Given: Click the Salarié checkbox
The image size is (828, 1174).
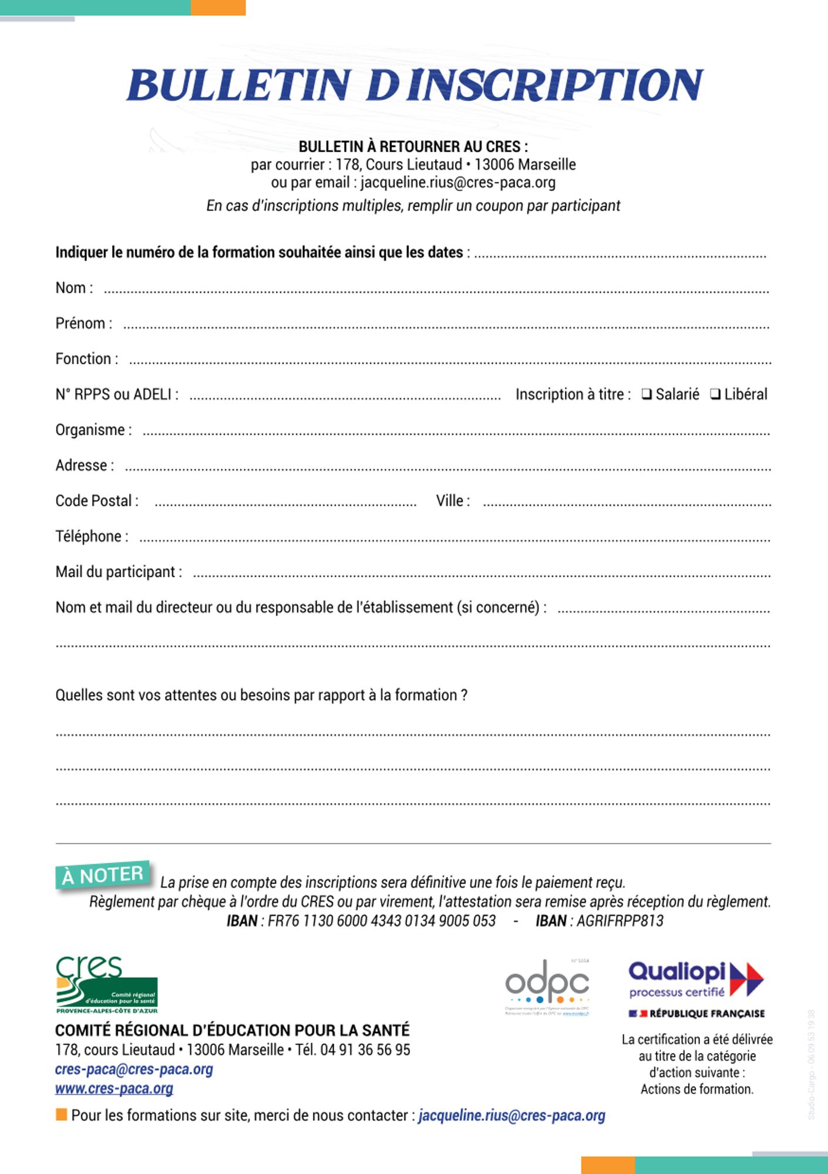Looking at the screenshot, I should point(647,394).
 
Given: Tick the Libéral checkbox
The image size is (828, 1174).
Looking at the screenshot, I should point(715,394).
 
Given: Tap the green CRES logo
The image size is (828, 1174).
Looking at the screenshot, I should point(106,985).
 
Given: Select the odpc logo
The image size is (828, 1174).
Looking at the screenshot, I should point(547,986).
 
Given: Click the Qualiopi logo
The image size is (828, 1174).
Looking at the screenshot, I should point(696,980).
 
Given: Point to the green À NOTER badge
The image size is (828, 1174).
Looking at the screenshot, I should point(103,875).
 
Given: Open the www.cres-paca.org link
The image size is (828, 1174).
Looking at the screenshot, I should point(114,1089).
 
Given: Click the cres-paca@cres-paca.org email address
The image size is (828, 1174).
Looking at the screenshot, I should point(134,1070).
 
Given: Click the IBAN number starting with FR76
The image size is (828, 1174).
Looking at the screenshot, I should point(382,921).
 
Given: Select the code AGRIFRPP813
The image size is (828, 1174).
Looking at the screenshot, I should point(620,921).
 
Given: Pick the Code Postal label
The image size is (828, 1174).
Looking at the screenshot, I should point(97,501).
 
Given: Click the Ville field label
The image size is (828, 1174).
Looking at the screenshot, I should point(453,501).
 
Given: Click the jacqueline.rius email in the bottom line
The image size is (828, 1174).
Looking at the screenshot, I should point(511,1116).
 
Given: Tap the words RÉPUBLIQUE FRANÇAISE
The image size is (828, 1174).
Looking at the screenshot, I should point(707,1014).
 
